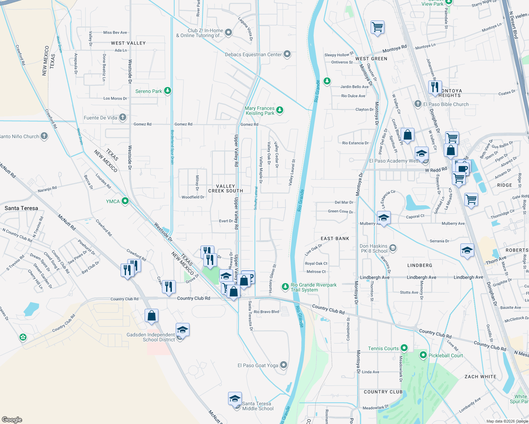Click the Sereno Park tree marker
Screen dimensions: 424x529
click(x=168, y=91)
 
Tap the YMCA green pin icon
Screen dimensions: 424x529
click(x=125, y=201)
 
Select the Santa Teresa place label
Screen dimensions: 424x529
click(x=21, y=208)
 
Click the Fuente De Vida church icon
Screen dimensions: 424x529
click(x=123, y=117)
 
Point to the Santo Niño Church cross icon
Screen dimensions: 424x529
click(x=44, y=136)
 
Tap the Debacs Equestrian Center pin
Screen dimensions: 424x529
click(x=287, y=54)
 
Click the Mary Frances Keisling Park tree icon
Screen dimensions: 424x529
click(x=280, y=110)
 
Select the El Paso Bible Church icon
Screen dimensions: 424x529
click(x=418, y=104)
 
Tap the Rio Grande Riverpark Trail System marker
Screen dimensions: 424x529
click(x=285, y=287)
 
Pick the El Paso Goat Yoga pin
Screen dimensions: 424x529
click(x=284, y=365)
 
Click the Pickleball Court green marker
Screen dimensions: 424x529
click(x=423, y=355)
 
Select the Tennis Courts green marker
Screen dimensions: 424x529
click(x=404, y=348)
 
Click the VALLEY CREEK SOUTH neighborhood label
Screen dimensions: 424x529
click(x=226, y=188)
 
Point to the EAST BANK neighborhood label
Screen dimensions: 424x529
click(x=335, y=238)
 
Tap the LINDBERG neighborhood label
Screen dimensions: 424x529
click(x=420, y=265)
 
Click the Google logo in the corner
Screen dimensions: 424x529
click(x=12, y=419)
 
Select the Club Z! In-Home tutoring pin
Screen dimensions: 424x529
click(x=228, y=33)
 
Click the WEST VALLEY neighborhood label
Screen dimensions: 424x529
click(x=128, y=43)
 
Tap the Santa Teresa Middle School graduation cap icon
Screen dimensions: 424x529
click(x=235, y=399)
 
